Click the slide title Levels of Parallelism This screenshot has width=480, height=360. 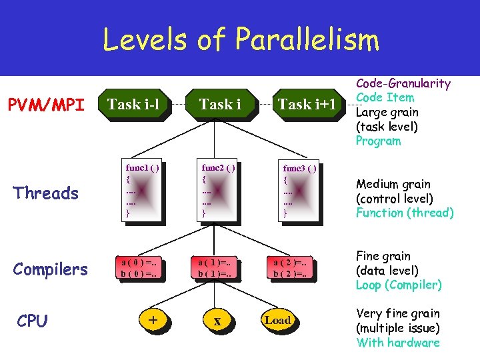tap(240, 39)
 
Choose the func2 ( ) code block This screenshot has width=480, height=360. tap(217, 190)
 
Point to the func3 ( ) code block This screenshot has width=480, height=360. tap(299, 191)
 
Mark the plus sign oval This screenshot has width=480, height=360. tap(153, 320)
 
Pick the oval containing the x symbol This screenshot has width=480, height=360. tap(217, 321)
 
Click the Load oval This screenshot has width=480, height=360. tap(277, 321)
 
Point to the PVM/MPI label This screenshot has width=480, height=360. tap(46, 105)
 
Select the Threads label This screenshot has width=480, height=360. tap(46, 193)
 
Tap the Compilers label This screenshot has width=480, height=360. tap(51, 269)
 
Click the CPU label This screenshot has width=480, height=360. tap(32, 321)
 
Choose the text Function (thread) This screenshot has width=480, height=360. tap(405, 213)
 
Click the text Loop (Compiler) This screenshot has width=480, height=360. tap(399, 285)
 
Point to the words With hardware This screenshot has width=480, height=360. tap(398, 343)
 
